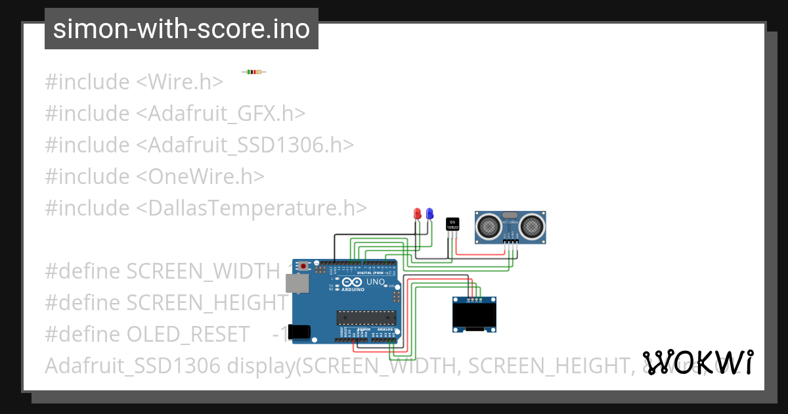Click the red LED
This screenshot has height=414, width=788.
(x=417, y=214)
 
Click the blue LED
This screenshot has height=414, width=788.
(x=429, y=214)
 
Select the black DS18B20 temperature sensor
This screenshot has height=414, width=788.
(x=452, y=223)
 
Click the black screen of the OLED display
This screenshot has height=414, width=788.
(x=474, y=317)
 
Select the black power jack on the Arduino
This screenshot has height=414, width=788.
(x=299, y=332)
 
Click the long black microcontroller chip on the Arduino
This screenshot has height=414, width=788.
(x=361, y=317)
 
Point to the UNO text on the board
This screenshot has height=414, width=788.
(x=375, y=282)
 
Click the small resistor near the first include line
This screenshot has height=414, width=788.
(x=253, y=72)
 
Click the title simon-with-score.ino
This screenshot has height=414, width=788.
(x=181, y=29)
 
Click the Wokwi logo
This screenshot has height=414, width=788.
(x=697, y=362)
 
